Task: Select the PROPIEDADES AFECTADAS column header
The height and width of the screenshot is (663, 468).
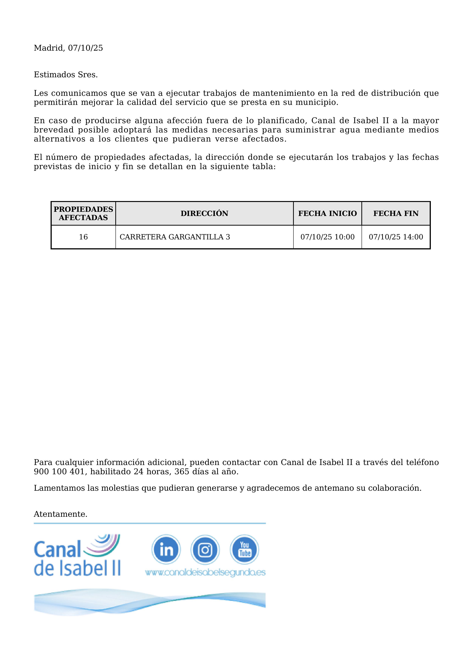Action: tap(83, 213)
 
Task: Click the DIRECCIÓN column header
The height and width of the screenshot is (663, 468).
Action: tap(204, 213)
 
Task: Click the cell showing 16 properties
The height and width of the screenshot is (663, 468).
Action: tap(83, 237)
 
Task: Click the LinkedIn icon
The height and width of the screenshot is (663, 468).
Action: tap(166, 549)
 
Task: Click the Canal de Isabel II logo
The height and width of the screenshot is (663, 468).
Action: tap(77, 555)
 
